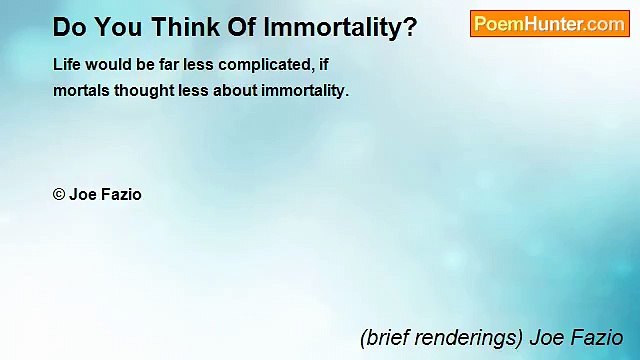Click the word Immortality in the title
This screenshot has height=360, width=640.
(x=336, y=27)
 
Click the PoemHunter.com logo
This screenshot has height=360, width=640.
(x=549, y=24)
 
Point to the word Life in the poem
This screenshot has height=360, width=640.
(x=67, y=63)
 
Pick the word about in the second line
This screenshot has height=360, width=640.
(x=236, y=89)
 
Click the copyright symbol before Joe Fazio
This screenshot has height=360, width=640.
(x=58, y=195)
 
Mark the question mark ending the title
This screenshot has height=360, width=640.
(x=410, y=27)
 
